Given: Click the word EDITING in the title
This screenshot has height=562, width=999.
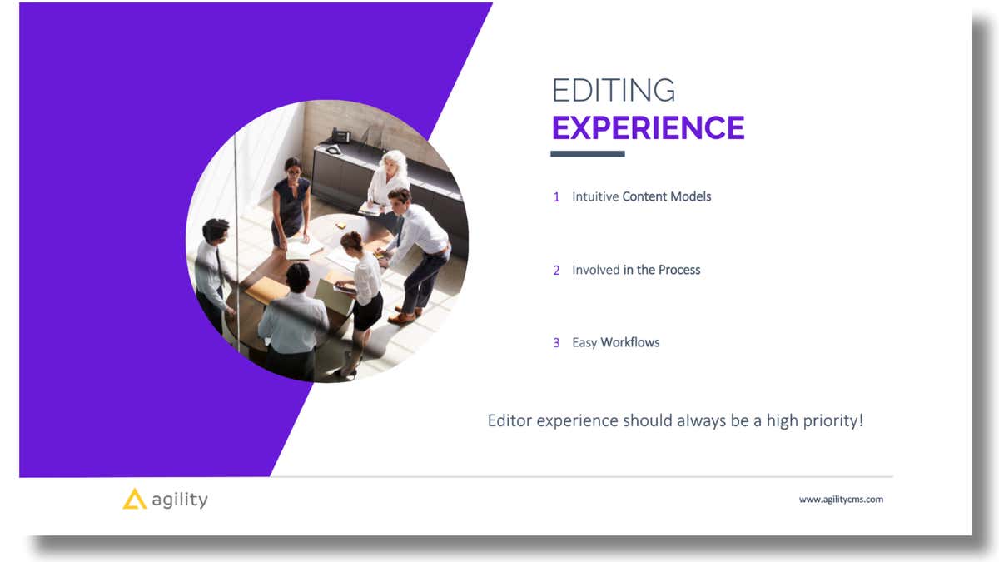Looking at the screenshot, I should tap(614, 90).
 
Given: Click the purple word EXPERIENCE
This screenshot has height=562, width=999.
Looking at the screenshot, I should tap(648, 128).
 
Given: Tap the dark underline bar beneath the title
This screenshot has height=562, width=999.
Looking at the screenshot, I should tap(587, 154).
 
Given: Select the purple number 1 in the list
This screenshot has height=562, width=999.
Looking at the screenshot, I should tap(556, 197).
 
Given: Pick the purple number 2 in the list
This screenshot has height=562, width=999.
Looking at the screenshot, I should tap(556, 271).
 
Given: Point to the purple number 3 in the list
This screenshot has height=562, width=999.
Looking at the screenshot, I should tap(556, 343).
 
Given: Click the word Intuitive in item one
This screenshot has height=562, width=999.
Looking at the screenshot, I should tap(594, 197).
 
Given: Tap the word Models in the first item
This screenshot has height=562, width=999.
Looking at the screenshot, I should tap(693, 197).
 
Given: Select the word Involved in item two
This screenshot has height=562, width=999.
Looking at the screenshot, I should tap(595, 271).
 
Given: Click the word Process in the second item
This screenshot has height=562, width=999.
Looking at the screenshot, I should tap(679, 271).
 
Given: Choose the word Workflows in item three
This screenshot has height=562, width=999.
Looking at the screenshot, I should tap(630, 343).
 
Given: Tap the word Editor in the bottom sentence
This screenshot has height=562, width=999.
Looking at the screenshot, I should tap(509, 420).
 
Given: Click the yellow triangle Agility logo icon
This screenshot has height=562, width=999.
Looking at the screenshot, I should tap(134, 499).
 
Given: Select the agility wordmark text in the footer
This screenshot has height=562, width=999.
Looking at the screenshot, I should tap(180, 500).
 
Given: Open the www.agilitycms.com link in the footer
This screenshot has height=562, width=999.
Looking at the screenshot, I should tap(841, 500).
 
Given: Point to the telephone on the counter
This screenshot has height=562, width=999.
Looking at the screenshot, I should tap(341, 136).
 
